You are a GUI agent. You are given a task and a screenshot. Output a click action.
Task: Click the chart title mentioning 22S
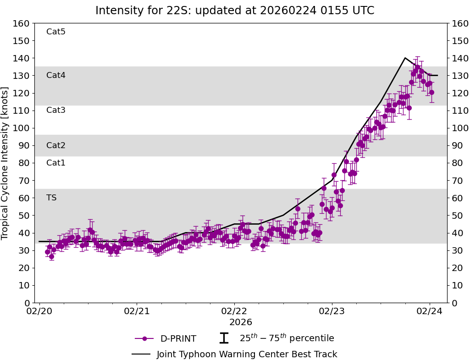(235, 11)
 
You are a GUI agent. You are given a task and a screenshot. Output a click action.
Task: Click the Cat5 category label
(56, 32)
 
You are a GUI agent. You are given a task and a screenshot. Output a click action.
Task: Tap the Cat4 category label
(56, 75)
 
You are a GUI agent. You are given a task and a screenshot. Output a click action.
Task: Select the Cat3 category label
(56, 110)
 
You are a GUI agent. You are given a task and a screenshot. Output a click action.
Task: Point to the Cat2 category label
(56, 145)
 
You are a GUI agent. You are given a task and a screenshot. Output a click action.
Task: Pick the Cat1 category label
(56, 163)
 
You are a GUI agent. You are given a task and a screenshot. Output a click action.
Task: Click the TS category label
(51, 198)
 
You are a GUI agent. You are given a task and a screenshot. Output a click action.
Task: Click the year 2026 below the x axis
(241, 322)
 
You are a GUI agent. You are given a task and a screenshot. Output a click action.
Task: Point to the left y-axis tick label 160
(22, 23)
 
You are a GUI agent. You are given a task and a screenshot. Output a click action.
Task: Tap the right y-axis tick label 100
(459, 128)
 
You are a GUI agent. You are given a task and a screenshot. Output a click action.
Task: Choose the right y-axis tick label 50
(457, 216)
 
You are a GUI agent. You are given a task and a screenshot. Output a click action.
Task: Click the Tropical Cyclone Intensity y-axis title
(6, 163)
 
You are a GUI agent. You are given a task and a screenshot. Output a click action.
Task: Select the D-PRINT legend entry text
(178, 339)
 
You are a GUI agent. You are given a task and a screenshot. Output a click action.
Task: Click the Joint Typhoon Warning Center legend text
(247, 354)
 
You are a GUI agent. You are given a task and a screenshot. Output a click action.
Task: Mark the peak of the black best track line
(405, 58)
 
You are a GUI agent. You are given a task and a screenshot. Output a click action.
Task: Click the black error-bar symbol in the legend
(224, 338)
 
